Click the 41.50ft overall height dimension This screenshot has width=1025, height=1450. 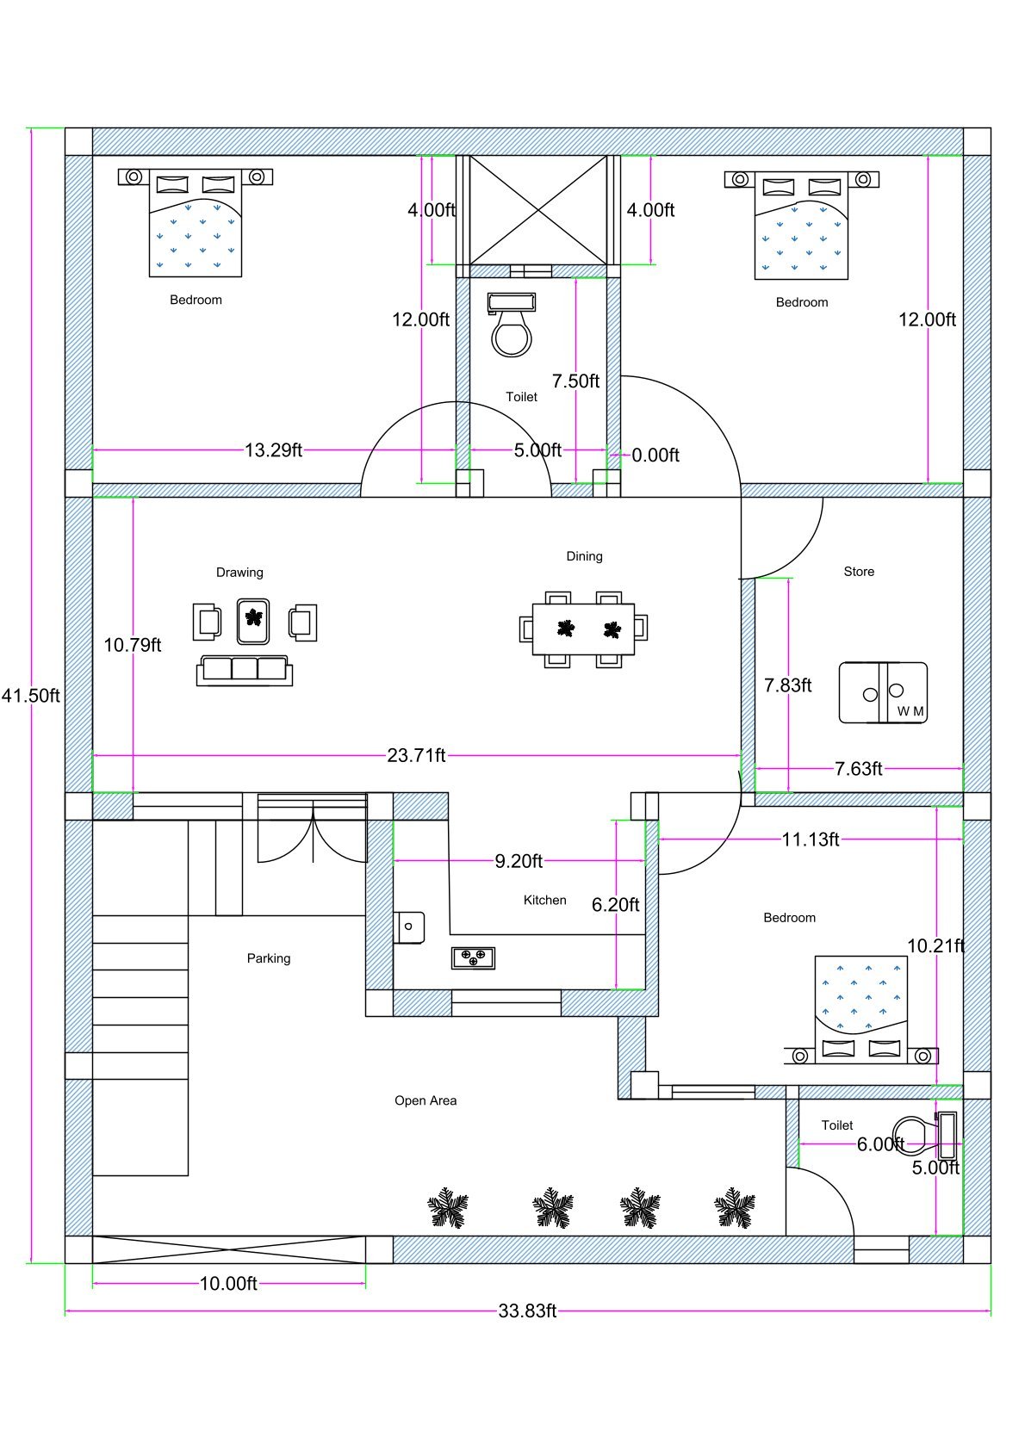(x=31, y=696)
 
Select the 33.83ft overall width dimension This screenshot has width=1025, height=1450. (x=527, y=1311)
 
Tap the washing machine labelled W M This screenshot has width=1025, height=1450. (x=883, y=692)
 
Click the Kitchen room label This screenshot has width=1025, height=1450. (x=544, y=900)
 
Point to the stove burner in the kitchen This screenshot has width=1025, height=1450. (x=473, y=957)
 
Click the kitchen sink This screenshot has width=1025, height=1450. (x=409, y=926)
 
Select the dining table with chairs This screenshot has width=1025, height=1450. (x=583, y=629)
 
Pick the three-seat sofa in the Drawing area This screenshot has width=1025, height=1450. (x=245, y=669)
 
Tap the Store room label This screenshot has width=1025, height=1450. (x=858, y=572)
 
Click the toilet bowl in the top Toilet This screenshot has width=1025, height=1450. (x=511, y=333)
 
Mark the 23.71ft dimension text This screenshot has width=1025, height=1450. (x=416, y=756)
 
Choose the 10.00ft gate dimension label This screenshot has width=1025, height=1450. (x=228, y=1284)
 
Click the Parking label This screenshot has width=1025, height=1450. (x=269, y=958)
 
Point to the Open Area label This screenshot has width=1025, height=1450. (x=426, y=1100)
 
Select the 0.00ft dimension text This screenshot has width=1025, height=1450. (x=655, y=455)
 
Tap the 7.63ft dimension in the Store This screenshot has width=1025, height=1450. (x=858, y=769)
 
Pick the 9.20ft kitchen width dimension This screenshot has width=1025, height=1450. (x=519, y=861)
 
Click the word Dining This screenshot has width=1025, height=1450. (x=584, y=556)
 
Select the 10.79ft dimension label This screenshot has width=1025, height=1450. (x=133, y=645)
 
